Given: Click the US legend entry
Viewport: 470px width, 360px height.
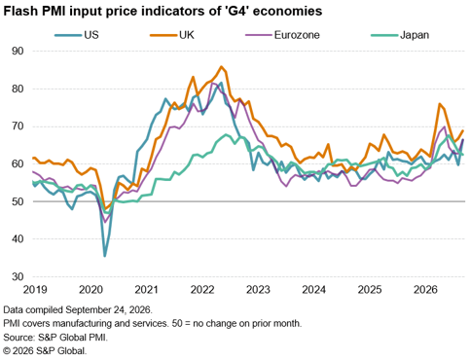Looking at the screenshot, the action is coord(77,35).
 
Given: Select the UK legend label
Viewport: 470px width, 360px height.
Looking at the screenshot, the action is coord(187,35).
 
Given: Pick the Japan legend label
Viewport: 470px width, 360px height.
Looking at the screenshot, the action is coord(415,35).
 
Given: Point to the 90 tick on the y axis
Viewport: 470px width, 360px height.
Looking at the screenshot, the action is coord(18,51).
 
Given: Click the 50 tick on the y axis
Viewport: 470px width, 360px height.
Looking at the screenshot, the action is coord(18,201).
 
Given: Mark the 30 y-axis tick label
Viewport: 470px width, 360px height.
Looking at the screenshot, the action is coord(18,276).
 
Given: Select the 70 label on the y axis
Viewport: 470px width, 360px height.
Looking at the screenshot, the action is coord(18,126).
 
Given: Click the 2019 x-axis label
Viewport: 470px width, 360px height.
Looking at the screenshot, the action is coord(35,290).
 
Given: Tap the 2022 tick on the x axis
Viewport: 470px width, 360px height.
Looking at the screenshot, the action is coord(202,290).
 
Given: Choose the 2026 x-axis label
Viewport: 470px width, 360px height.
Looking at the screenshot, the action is coord(425,290).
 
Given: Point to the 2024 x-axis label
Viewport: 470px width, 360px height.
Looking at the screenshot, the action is coord(314,290).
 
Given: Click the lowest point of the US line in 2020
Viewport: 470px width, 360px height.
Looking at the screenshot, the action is coord(104,256).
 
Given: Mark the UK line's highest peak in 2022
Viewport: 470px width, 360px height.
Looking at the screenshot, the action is coord(221,67).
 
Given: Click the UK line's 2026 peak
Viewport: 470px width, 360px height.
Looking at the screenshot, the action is coord(440,104).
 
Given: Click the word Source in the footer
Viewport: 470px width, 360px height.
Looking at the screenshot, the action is coord(18,338).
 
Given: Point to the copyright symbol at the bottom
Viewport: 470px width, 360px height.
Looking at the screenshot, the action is coord(7,351).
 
